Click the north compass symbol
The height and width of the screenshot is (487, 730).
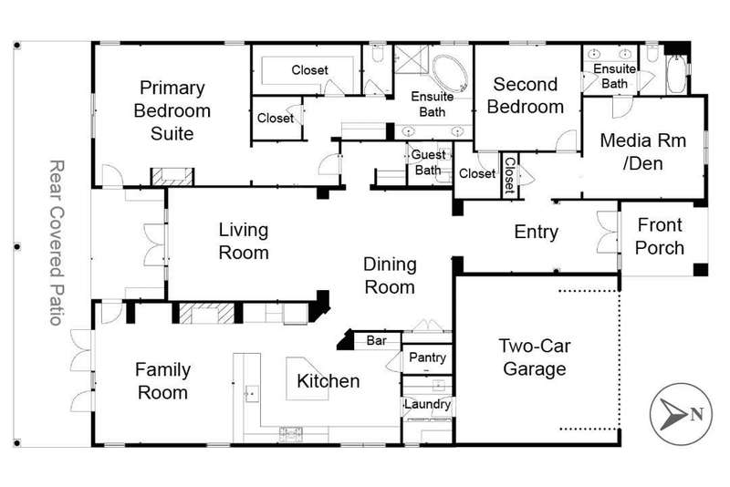(x=681, y=413)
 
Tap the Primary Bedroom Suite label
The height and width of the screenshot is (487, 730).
(x=172, y=110)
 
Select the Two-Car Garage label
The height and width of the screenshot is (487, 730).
(x=535, y=357)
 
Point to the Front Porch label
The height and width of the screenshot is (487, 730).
(x=660, y=236)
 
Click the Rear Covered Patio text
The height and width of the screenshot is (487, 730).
(x=57, y=243)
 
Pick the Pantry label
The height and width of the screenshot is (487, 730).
(x=427, y=357)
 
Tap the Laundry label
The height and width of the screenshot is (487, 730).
(x=427, y=404)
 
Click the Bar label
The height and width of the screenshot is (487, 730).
(x=376, y=340)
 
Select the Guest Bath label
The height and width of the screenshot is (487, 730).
(x=428, y=162)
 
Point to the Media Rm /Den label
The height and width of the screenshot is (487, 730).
(x=643, y=151)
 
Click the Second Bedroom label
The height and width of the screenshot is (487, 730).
(x=526, y=96)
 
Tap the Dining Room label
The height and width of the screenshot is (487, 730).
(x=390, y=275)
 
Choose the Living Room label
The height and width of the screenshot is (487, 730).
(x=244, y=241)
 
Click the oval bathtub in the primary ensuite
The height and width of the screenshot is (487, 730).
(x=450, y=74)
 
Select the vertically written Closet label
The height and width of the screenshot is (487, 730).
(x=509, y=175)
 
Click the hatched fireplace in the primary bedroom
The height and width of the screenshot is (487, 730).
(x=172, y=176)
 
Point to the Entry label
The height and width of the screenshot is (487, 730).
(x=536, y=232)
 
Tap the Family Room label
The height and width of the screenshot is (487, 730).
(x=162, y=381)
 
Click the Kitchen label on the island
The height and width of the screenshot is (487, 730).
(x=328, y=381)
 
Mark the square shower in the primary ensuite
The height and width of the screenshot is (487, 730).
(x=412, y=58)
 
